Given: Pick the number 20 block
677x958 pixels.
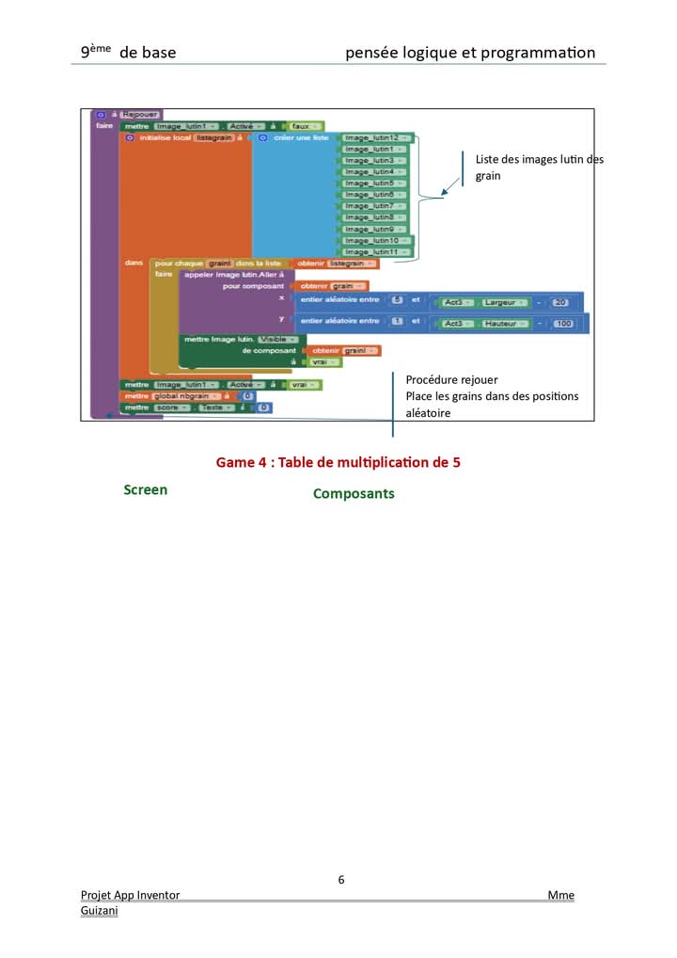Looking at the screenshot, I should pyautogui.click(x=561, y=302).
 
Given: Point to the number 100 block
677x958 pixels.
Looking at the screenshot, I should pyautogui.click(x=563, y=324).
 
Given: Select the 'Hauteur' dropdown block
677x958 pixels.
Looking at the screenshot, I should pyautogui.click(x=507, y=324).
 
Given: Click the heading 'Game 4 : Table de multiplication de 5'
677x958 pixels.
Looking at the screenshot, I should pyautogui.click(x=338, y=462).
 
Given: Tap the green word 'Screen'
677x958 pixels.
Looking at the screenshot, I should pyautogui.click(x=146, y=490).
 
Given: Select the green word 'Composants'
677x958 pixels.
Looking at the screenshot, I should pyautogui.click(x=354, y=494).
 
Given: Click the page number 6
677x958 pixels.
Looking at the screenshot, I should pyautogui.click(x=341, y=880).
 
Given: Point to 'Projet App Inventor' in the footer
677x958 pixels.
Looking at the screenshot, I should pyautogui.click(x=130, y=895).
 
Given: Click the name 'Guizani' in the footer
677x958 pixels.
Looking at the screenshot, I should pyautogui.click(x=99, y=910).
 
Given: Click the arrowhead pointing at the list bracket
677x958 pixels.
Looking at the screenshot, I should pyautogui.click(x=445, y=193).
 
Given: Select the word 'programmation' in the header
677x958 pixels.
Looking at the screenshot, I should pyautogui.click(x=537, y=53).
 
